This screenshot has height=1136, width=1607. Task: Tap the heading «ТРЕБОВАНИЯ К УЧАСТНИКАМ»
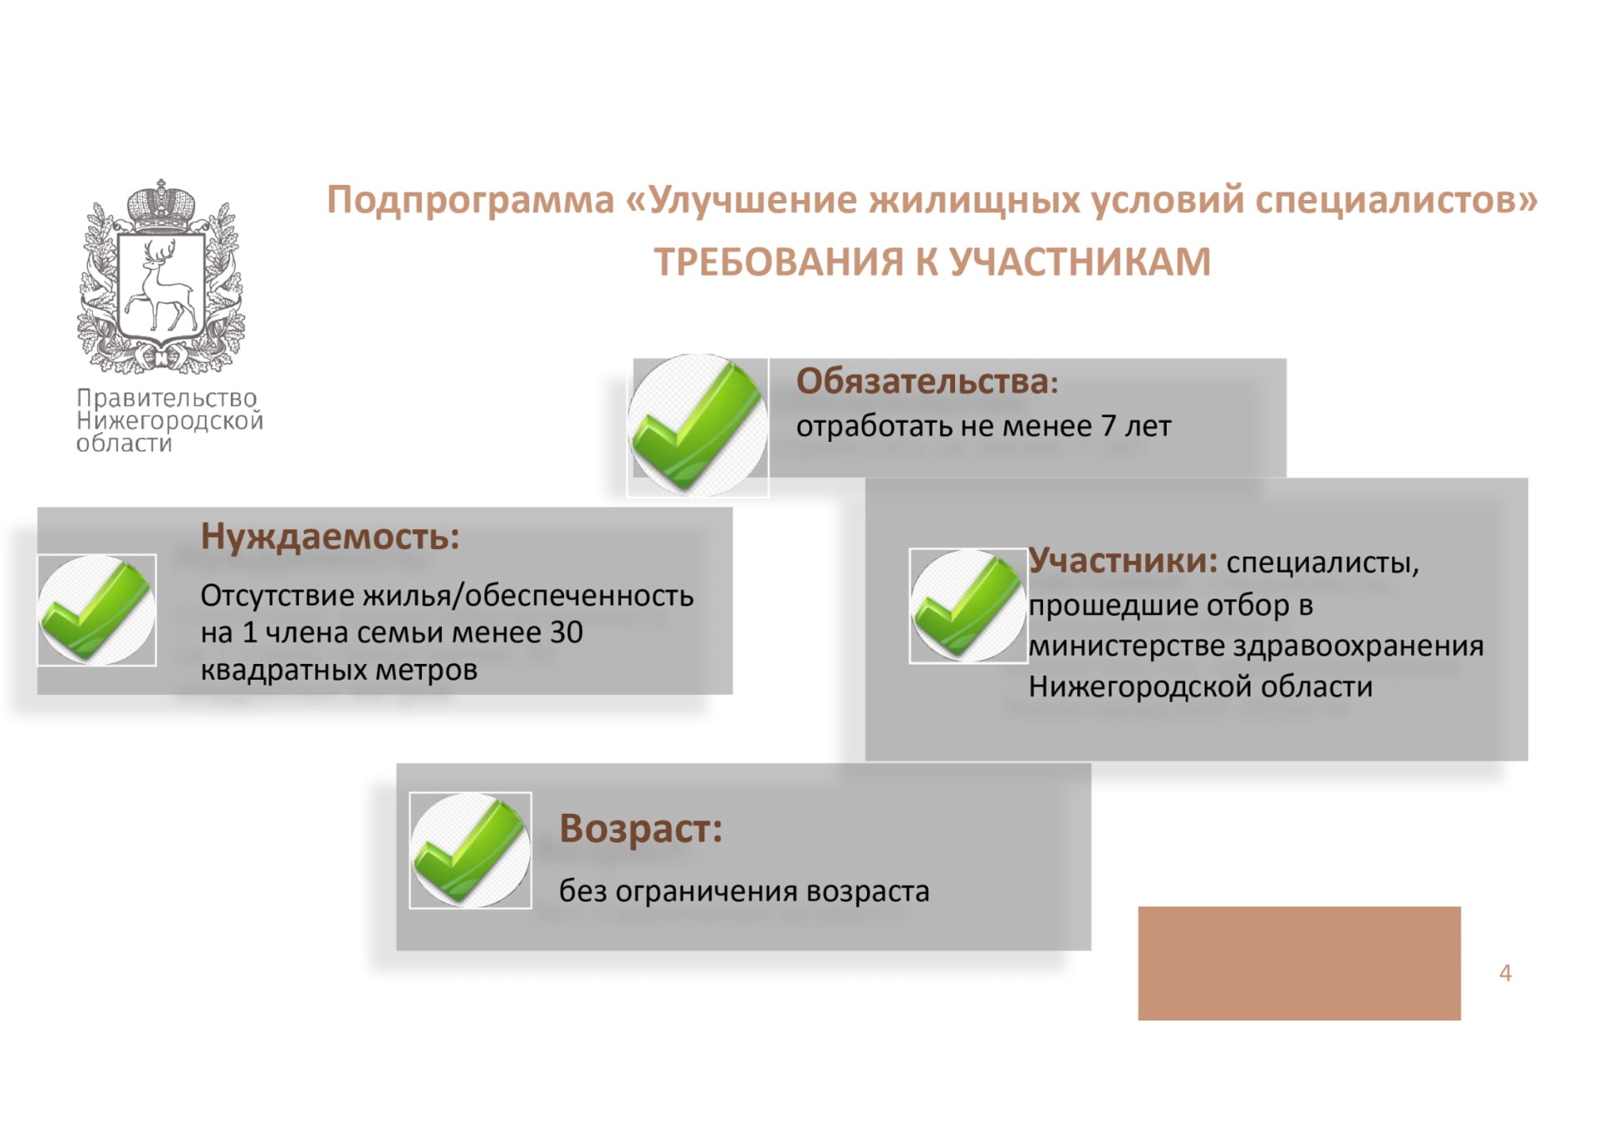(x=932, y=262)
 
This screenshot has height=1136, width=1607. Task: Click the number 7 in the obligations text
(x=1108, y=426)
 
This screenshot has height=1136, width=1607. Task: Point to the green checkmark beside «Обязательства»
(x=698, y=425)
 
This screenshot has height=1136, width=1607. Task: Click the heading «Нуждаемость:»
(x=330, y=537)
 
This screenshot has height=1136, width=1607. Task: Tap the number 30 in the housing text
(x=566, y=633)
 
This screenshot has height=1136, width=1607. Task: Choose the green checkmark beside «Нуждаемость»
(x=97, y=610)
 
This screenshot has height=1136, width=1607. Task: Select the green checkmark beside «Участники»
(x=968, y=606)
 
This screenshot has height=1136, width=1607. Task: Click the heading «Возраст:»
(x=640, y=829)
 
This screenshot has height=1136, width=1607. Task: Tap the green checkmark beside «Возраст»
(x=470, y=851)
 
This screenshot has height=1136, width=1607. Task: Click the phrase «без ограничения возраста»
(x=744, y=892)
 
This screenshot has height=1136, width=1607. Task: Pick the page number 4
(x=1505, y=974)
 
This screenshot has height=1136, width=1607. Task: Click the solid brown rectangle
(x=1299, y=963)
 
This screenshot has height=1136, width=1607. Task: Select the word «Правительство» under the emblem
(x=167, y=398)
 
